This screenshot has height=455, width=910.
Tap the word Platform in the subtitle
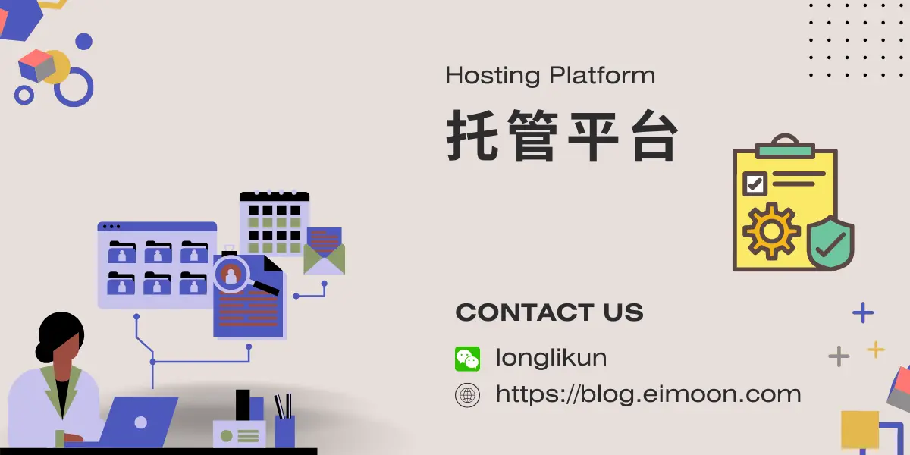(x=602, y=75)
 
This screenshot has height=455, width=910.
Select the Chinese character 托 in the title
(x=472, y=135)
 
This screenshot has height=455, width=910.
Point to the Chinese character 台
(x=654, y=135)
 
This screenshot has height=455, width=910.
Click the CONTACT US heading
(x=549, y=312)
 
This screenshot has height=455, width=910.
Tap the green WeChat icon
(x=468, y=359)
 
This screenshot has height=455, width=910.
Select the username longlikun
(x=551, y=357)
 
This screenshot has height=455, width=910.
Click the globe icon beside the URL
(x=468, y=395)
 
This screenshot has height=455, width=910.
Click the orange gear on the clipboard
(x=771, y=231)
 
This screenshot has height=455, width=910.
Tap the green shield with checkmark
(x=830, y=243)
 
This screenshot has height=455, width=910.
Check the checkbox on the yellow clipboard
(x=755, y=184)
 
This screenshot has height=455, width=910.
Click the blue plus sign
(x=863, y=312)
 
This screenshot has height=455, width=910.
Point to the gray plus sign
(x=839, y=356)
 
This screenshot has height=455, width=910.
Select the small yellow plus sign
(x=876, y=350)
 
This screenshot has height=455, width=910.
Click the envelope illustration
(x=325, y=251)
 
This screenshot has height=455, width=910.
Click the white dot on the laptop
(x=140, y=422)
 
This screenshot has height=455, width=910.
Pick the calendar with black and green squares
(x=275, y=223)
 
